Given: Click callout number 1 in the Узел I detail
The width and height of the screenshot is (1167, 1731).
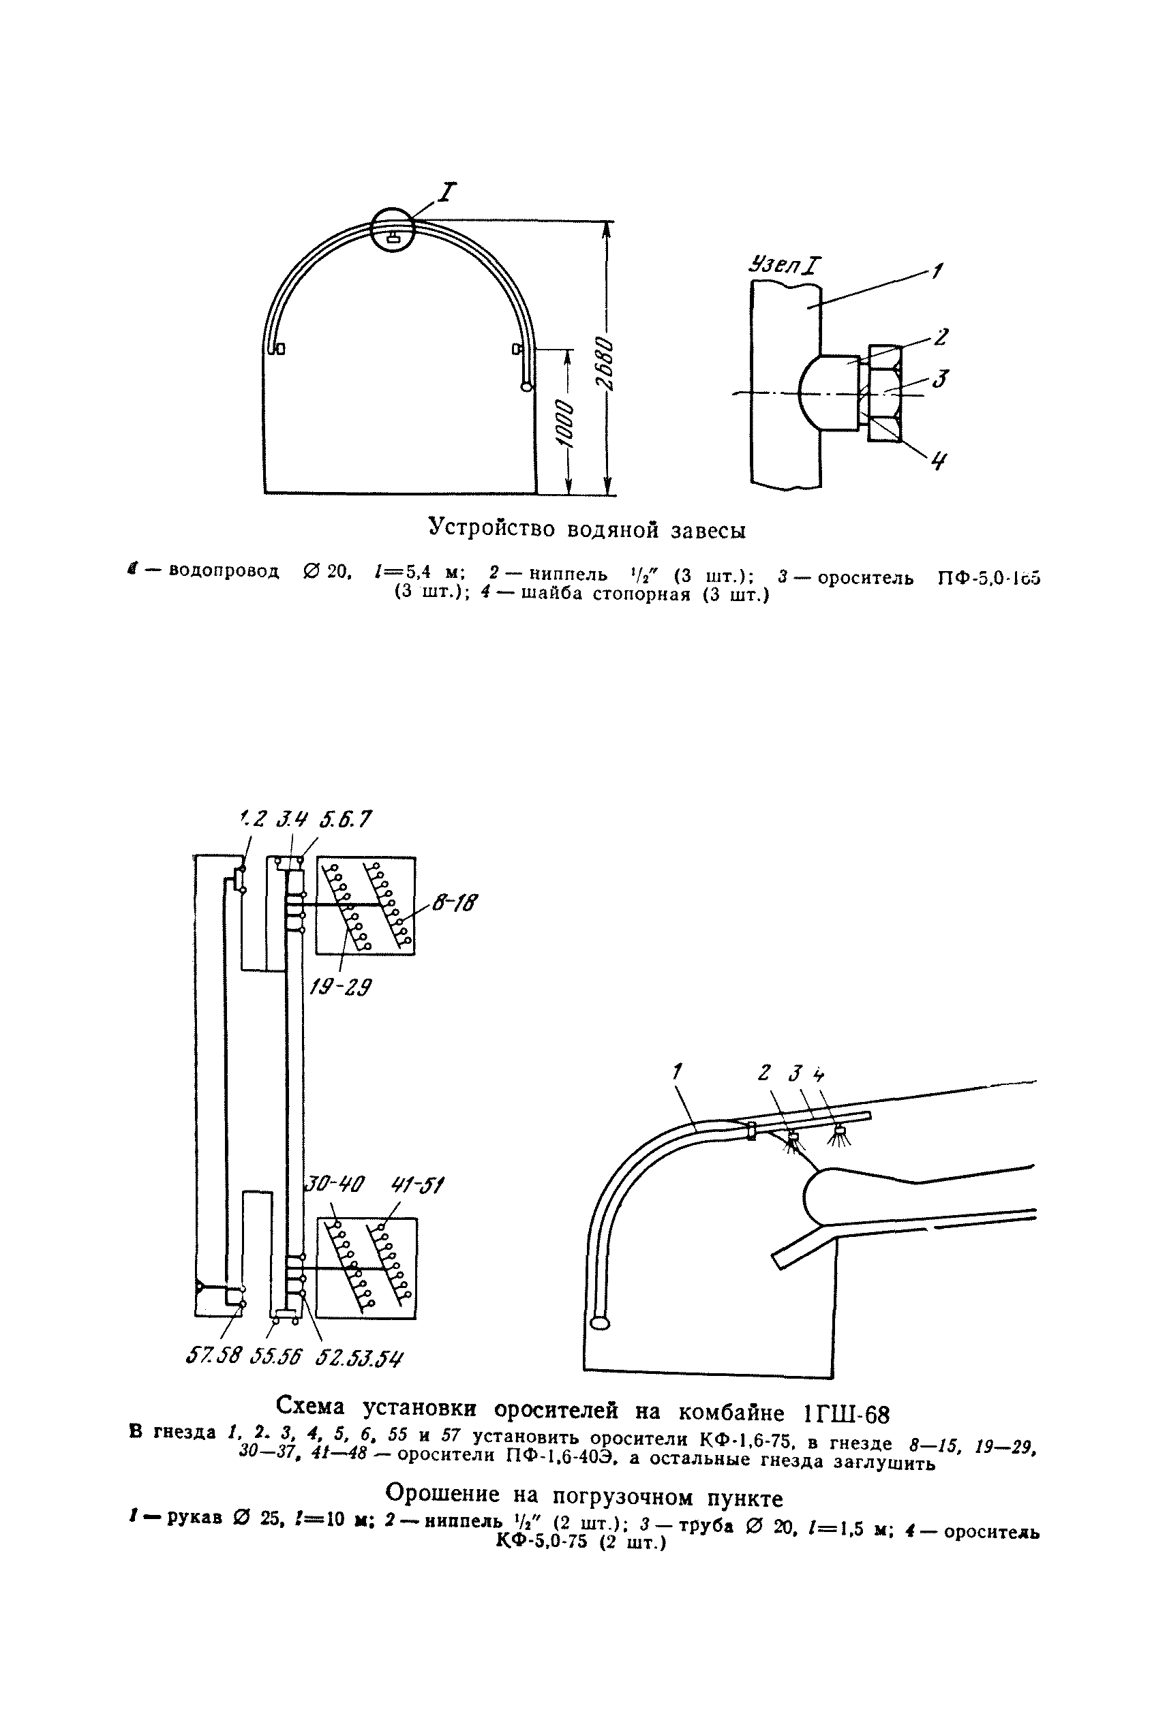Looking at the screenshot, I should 937,273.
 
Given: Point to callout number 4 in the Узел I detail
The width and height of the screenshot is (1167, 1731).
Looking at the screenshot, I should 939,461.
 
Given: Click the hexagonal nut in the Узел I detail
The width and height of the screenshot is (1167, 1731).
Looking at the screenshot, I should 885,393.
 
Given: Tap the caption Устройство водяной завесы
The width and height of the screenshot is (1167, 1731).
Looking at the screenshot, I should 586,530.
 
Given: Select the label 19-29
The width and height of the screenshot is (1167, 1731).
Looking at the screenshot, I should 342,988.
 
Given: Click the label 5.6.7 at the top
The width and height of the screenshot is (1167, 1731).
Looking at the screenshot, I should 344,820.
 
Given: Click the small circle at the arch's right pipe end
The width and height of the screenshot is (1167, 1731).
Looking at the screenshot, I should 527,386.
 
